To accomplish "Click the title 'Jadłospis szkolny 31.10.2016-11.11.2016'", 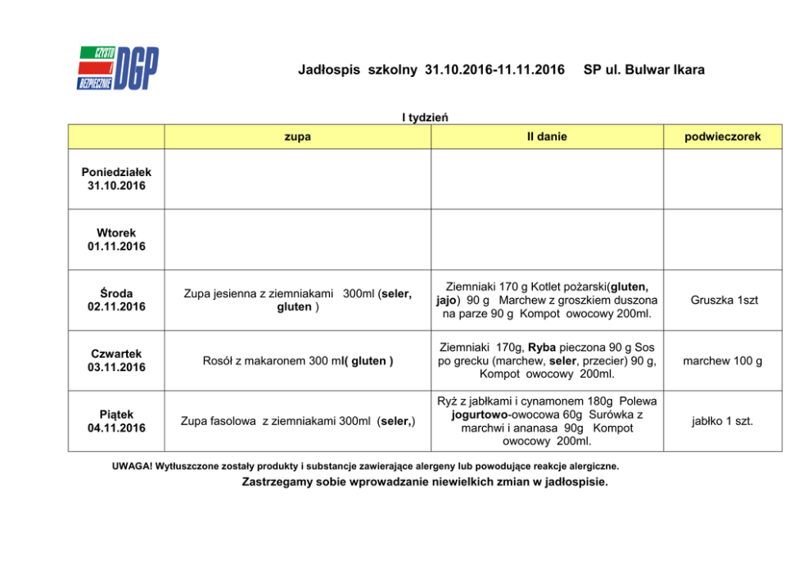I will pos(431,70).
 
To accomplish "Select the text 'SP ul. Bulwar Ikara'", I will pos(643,70).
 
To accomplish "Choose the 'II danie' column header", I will pos(547,137).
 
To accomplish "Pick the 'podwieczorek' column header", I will pos(723,137).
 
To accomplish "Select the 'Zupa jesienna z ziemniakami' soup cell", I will pos(297,300).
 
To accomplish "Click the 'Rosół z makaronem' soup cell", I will pos(297,361).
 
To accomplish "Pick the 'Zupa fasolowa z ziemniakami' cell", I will pos(297,422).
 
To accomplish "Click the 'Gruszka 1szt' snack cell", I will pos(723,301).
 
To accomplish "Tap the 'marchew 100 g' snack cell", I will pos(723,361).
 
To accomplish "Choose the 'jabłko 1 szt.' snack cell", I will pos(723,422).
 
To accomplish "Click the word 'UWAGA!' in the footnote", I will pos(131,466).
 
